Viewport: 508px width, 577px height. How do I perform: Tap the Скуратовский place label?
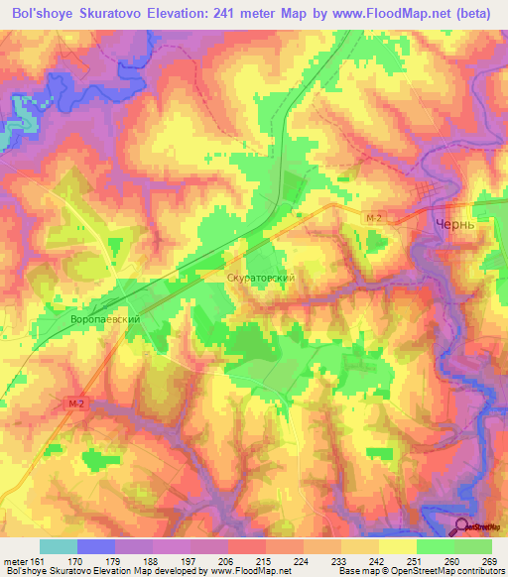coord(261,280)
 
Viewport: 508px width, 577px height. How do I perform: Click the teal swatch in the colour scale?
coord(59,546)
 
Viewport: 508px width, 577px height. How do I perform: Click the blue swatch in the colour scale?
coord(96,546)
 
